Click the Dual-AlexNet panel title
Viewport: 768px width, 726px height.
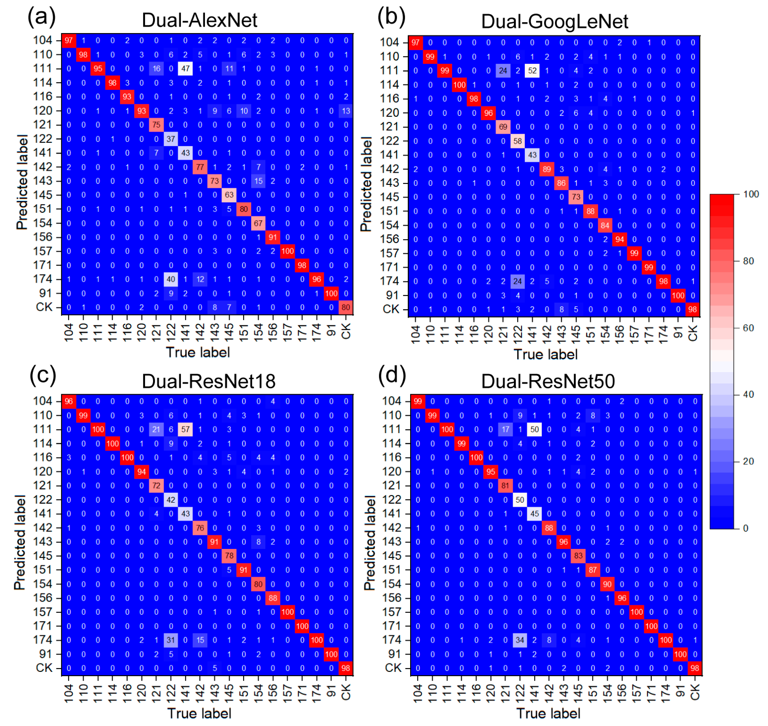[x=200, y=20]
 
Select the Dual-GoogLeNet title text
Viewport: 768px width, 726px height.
[x=554, y=22]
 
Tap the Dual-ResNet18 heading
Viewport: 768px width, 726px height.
[x=208, y=381]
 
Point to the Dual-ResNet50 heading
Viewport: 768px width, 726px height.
[x=548, y=381]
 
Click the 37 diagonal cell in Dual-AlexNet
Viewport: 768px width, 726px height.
[x=171, y=139]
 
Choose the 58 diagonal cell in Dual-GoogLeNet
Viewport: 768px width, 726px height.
[x=517, y=141]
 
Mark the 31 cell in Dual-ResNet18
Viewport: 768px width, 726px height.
[x=171, y=640]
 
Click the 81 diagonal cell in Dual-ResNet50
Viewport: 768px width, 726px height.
[x=505, y=485]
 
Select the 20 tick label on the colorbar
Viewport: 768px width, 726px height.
[x=748, y=461]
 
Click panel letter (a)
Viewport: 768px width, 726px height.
[x=42, y=17]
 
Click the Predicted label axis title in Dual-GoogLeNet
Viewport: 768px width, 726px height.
[x=366, y=184]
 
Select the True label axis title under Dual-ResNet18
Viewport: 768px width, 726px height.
[x=199, y=713]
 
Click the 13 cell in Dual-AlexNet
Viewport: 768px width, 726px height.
[x=346, y=111]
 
